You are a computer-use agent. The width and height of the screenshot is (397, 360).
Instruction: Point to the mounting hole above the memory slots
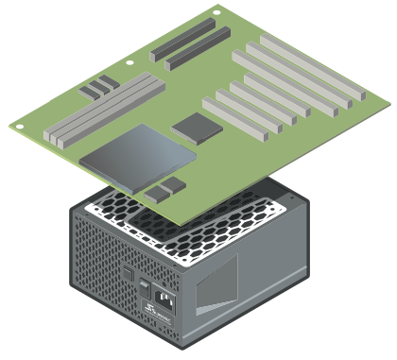point(129,62)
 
